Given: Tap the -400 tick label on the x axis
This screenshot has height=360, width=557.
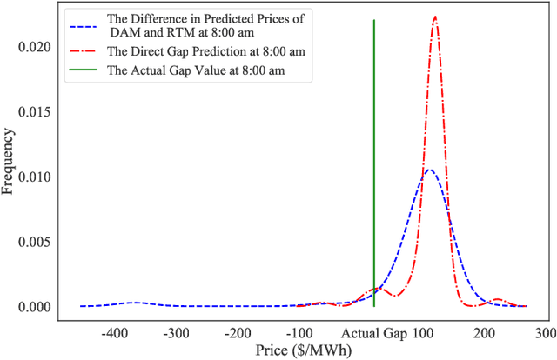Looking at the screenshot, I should (x=114, y=333).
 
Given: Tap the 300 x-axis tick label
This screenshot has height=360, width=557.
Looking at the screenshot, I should (x=545, y=333).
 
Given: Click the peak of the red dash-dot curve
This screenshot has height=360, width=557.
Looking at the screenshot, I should (x=434, y=17).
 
